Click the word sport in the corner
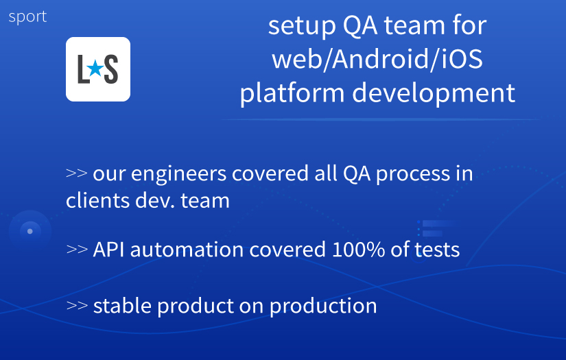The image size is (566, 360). [x=27, y=17]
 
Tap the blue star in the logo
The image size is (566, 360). [x=97, y=69]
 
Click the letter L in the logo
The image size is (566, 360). [x=84, y=70]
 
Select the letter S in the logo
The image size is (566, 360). [x=111, y=70]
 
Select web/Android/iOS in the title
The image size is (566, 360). [x=377, y=59]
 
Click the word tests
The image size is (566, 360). [x=436, y=249]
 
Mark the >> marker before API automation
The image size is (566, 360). [x=76, y=249]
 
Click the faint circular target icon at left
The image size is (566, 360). [x=30, y=231]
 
